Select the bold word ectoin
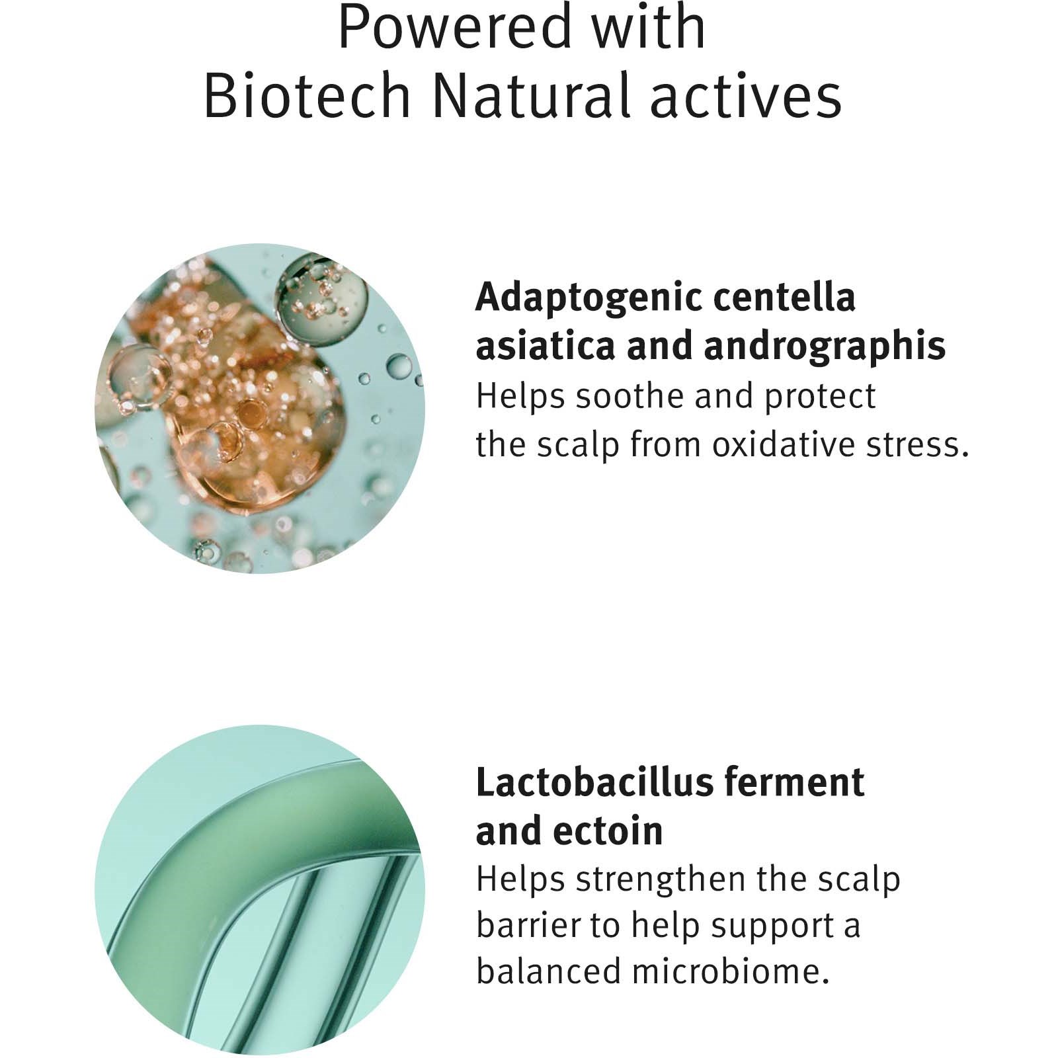pyautogui.click(x=616, y=831)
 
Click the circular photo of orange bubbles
pyautogui.click(x=260, y=408)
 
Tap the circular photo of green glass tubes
pyautogui.click(x=260, y=890)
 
